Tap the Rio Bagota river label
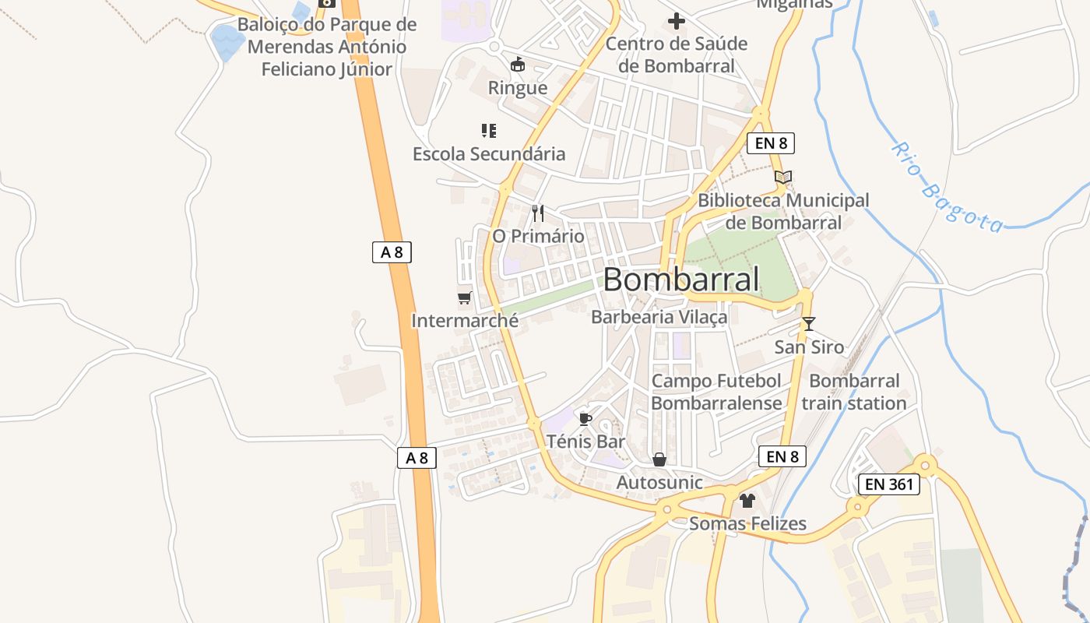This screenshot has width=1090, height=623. tap(947, 188)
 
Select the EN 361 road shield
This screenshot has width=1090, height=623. tap(889, 484)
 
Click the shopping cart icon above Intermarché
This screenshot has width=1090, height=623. tap(465, 297)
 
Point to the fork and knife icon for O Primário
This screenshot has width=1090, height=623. tap(538, 213)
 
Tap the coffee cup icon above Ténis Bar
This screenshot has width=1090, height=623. tap(585, 420)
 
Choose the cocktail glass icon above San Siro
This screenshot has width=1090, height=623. tap(809, 324)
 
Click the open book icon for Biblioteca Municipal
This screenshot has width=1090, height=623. tap(783, 178)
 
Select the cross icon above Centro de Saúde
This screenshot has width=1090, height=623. tap(676, 21)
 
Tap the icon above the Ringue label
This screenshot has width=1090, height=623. tap(518, 65)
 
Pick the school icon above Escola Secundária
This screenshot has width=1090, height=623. tap(489, 131)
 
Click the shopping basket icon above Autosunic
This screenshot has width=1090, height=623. tap(659, 460)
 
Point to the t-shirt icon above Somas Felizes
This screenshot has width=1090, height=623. tap(747, 501)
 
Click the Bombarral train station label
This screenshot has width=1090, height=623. tap(854, 392)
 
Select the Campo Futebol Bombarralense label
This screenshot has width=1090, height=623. tap(716, 392)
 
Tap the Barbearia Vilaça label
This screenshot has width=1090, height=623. tap(659, 317)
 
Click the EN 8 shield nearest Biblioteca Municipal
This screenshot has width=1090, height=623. tap(770, 143)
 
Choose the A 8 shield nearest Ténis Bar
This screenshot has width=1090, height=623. tap(417, 457)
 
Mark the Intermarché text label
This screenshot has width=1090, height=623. tap(465, 320)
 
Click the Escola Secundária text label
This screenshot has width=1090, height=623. tap(489, 154)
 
